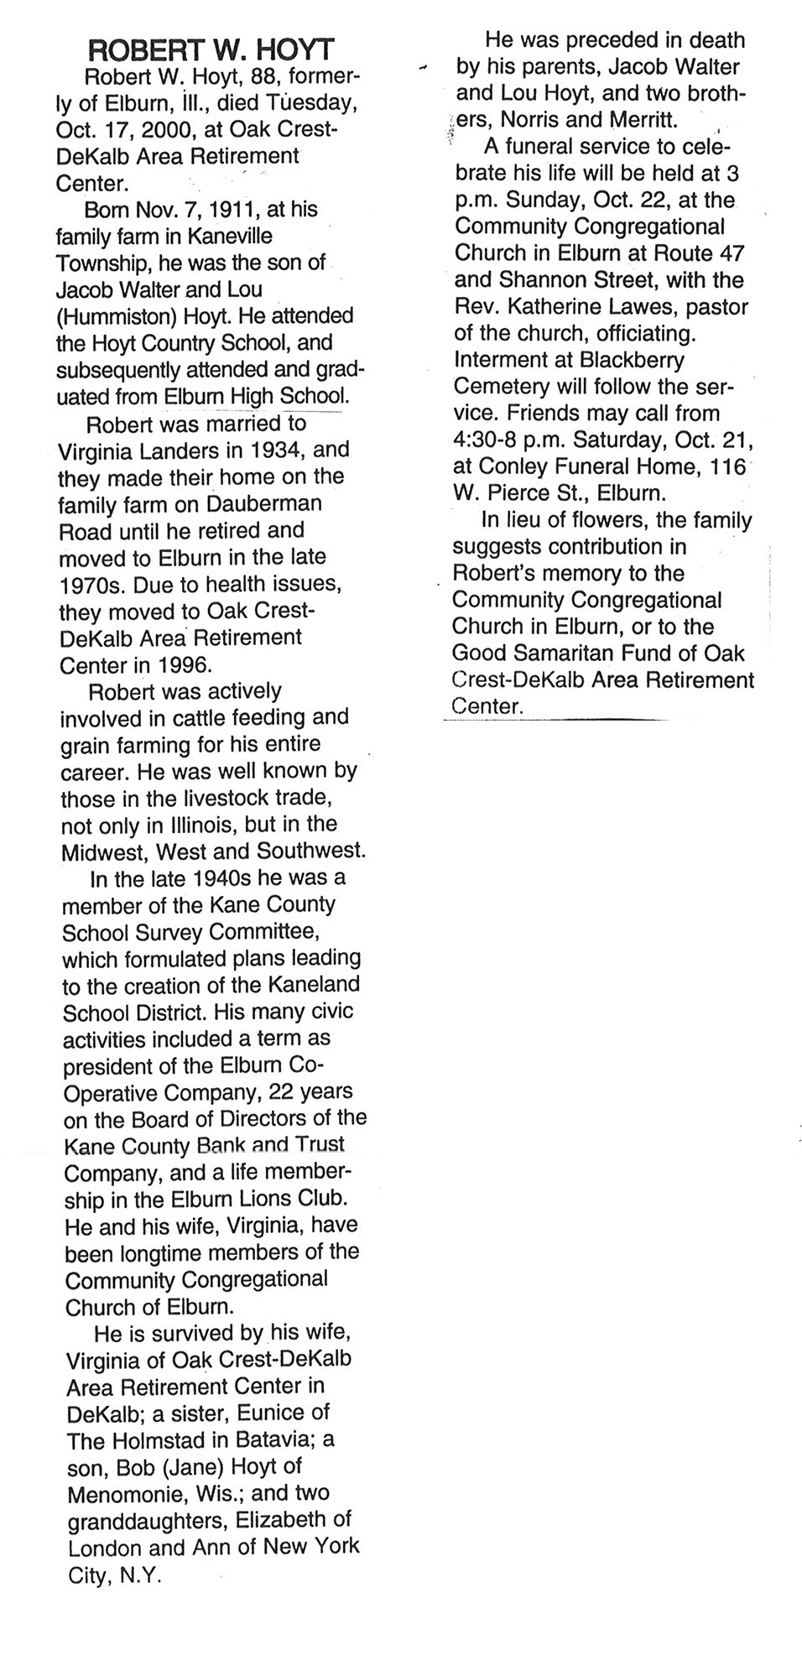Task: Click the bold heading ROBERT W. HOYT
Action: [210, 51]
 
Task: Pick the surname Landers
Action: [176, 450]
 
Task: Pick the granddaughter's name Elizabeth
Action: [294, 1519]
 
